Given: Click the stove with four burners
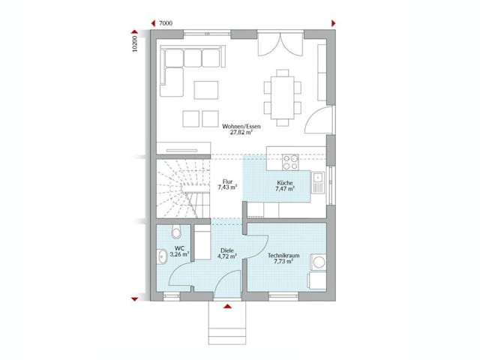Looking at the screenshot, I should [x=290, y=161].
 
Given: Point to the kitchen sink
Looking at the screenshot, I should [x=319, y=179].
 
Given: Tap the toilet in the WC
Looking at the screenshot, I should [x=175, y=232].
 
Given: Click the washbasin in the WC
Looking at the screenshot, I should [x=163, y=257].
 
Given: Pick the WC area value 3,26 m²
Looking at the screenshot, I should [x=180, y=255].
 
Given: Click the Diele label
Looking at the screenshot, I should [x=226, y=251].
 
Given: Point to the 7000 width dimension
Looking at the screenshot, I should [x=166, y=24].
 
